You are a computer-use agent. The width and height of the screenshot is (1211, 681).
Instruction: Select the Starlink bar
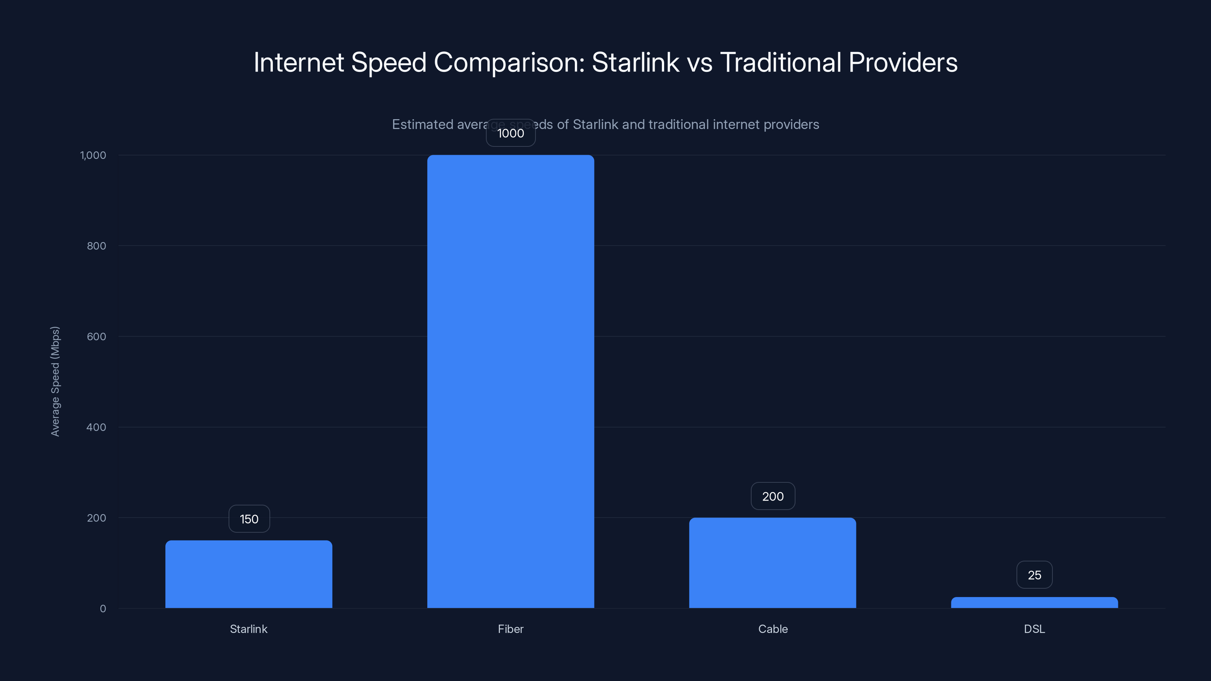[x=249, y=574]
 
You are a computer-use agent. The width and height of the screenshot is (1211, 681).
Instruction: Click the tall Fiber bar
[x=511, y=381]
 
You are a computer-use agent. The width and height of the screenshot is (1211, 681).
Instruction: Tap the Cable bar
[x=772, y=563]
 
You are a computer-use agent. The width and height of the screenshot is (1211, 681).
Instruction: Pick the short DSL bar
[x=1034, y=603]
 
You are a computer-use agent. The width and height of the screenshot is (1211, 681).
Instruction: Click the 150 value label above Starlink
[x=249, y=519]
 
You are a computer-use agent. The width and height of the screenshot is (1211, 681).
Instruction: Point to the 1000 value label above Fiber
[x=511, y=133]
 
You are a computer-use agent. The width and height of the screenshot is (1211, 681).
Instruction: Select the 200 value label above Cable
[x=773, y=496]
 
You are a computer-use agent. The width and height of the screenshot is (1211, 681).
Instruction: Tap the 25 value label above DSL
[x=1034, y=575]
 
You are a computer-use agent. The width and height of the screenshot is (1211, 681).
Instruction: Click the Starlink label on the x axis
[x=249, y=629]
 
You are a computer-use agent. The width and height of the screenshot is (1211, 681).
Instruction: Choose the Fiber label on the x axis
[x=511, y=629]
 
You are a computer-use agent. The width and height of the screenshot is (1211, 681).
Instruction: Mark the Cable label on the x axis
[x=773, y=629]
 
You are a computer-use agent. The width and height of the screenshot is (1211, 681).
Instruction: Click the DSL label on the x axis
[x=1034, y=629]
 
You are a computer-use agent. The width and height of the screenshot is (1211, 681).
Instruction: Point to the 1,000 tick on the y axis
[x=93, y=155]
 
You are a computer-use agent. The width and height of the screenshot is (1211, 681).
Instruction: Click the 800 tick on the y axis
[x=97, y=246]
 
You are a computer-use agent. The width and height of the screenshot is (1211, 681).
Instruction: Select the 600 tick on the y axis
[x=97, y=336]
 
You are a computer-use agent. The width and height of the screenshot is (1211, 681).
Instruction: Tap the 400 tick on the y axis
[x=97, y=427]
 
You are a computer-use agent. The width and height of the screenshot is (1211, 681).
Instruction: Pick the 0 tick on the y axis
[x=103, y=609]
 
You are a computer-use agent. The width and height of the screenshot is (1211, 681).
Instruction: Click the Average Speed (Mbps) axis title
[x=55, y=381]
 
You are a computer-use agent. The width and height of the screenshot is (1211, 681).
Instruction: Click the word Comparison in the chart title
[x=509, y=62]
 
